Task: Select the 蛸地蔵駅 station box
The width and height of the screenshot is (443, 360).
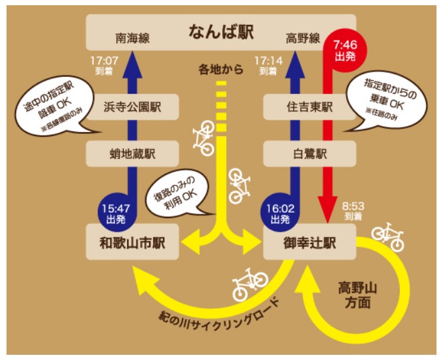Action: (x=133, y=154)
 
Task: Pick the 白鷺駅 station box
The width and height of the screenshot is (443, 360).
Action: (x=309, y=154)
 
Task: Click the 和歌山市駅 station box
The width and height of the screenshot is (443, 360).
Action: (x=133, y=242)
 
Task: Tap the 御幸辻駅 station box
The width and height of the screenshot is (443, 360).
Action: (x=309, y=242)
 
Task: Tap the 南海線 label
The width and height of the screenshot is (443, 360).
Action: (x=133, y=39)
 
